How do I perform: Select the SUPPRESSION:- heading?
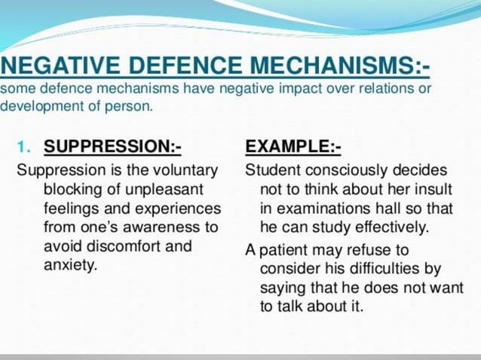click(x=112, y=146)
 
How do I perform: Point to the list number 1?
click(x=25, y=146)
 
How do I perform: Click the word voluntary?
click(x=189, y=169)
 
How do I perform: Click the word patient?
click(x=283, y=249)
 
